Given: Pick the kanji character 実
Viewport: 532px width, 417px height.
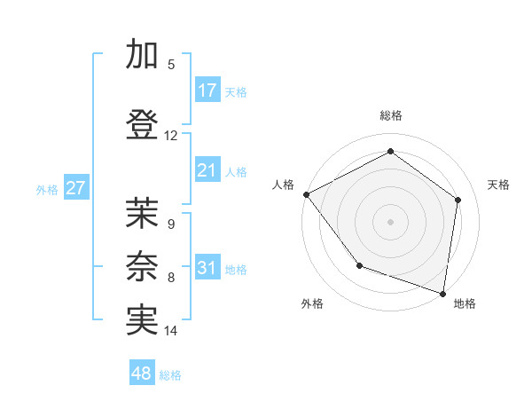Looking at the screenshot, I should pos(142,321).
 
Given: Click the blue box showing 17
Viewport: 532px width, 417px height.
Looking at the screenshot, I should pos(207,90).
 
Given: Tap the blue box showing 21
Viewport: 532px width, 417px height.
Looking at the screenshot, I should pos(207,170).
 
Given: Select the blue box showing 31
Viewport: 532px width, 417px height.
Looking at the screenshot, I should pos(207,268).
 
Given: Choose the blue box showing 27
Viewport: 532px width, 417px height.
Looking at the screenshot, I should pos(75,188).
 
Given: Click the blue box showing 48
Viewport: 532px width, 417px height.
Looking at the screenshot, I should pos(142,374).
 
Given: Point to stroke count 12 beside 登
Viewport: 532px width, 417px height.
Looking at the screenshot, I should pos(171,136).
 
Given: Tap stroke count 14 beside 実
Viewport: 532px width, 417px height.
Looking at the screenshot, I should pos(171,331).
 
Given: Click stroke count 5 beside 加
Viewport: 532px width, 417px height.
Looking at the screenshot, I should pos(171,65).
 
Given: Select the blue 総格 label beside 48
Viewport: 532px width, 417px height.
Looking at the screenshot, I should pos(170,375).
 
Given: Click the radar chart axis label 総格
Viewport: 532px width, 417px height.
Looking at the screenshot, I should pos(390,115).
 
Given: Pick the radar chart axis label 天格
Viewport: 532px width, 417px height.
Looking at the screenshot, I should pos(498,185).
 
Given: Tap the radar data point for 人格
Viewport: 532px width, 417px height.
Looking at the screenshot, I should pos(306,194).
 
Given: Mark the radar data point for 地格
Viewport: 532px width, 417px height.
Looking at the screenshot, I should pos(442,293).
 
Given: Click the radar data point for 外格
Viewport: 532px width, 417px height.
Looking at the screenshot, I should pos(359,264).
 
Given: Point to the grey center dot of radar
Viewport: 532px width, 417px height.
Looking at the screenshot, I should pos(390,222).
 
